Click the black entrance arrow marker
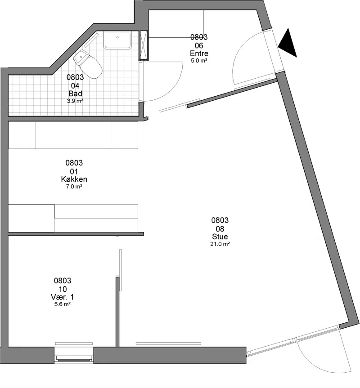[288, 43]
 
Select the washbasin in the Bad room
[117, 40]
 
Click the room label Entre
[199, 54]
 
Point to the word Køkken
[74, 179]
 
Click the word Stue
[220, 236]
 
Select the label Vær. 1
[63, 297]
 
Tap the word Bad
[75, 94]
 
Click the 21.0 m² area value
[220, 244]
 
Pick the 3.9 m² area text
[75, 101]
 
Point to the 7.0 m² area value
[74, 187]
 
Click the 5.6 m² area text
[63, 304]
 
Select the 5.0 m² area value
[199, 61]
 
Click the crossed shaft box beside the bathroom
[144, 46]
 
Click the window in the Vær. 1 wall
[74, 358]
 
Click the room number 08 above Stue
[220, 229]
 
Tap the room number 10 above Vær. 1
[63, 289]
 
